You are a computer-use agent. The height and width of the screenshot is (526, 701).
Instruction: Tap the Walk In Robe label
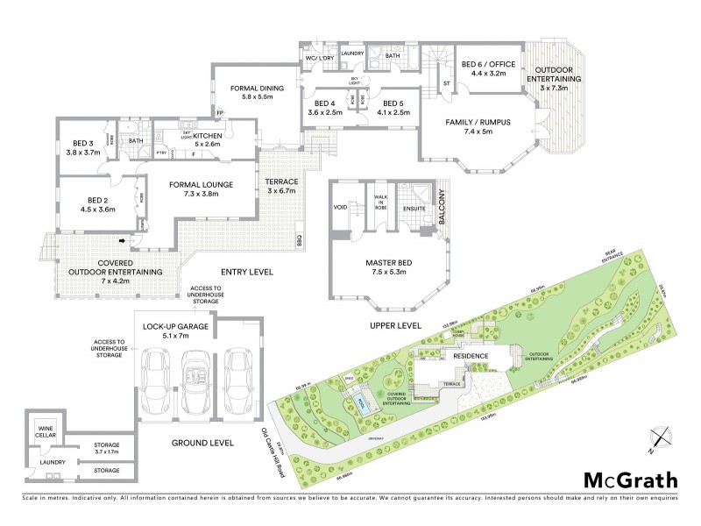[381, 204]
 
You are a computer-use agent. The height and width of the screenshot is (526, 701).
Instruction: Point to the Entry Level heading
[245, 273]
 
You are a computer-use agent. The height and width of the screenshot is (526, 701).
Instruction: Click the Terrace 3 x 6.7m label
[282, 186]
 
